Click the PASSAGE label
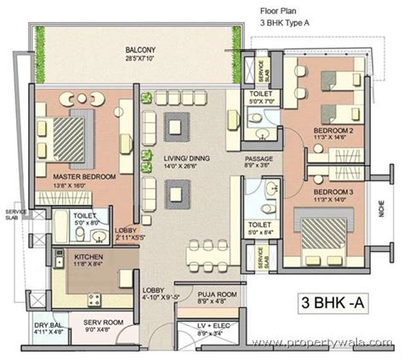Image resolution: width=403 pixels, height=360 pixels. point(258,159)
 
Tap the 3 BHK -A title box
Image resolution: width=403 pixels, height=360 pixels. point(336,303)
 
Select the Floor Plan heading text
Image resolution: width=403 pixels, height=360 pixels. point(277,11)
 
